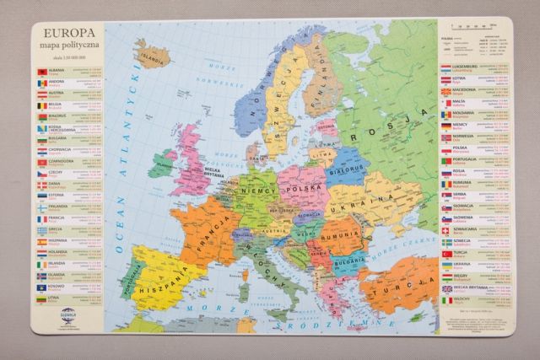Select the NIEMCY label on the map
pyautogui.click(x=257, y=191)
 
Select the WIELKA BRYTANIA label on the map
pyautogui.click(x=209, y=171)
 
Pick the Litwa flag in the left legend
pyautogui.click(x=40, y=298)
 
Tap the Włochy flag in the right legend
pyautogui.click(x=446, y=298)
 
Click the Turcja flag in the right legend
pyautogui.click(x=446, y=252)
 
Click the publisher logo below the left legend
pyautogui.click(x=67, y=317)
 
